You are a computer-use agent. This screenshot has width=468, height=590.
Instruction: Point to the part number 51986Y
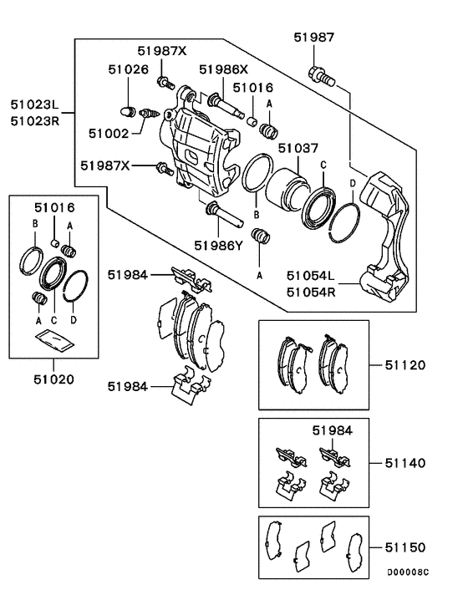click(218, 245)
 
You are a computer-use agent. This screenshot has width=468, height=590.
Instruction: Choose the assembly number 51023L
click(35, 105)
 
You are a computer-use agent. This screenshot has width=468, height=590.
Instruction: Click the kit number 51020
click(54, 379)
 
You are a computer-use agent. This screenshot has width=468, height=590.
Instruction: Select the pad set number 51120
click(405, 365)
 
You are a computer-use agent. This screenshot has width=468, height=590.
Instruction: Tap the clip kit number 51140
click(405, 462)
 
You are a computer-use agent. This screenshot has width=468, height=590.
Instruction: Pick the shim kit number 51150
click(405, 547)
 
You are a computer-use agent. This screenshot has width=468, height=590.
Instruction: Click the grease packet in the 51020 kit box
click(54, 339)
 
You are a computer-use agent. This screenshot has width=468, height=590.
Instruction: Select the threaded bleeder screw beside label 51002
click(150, 112)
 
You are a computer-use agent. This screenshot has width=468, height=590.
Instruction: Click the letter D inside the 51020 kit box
click(75, 319)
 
